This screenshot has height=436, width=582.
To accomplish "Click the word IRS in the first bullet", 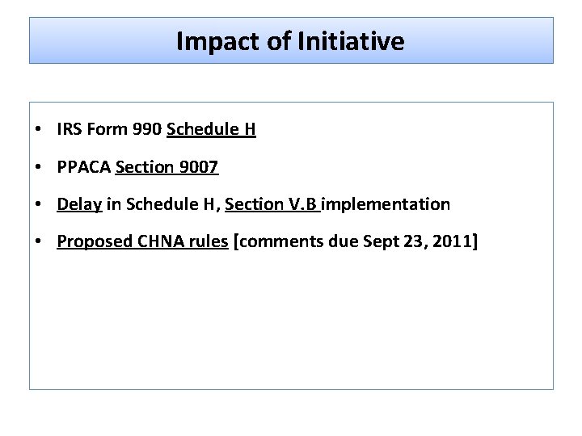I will pos(69,129).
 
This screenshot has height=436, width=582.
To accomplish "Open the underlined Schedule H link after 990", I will pos(211,129).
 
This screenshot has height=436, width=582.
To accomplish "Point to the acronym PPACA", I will pos(84,167).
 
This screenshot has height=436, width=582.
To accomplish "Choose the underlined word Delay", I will pos(78,204).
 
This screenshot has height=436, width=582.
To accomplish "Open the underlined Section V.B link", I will pos(272,204).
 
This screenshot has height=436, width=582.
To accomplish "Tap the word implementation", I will pos(386,204).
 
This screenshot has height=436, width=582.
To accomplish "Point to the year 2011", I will pos(455,241).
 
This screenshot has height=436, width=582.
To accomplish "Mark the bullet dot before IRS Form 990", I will pos(39,130).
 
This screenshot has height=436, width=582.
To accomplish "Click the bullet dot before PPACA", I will pos(39,168).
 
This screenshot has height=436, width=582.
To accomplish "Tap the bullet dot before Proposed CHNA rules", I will pos(39,242).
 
